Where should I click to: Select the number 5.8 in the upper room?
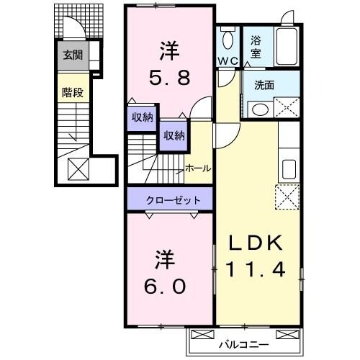click(170, 76)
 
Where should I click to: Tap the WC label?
click(228, 61)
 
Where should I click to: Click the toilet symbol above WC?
click(229, 39)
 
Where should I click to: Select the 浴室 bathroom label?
click(256, 48)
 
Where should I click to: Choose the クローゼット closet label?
click(170, 199)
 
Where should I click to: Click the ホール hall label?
click(198, 168)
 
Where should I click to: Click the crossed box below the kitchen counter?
click(287, 196)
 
